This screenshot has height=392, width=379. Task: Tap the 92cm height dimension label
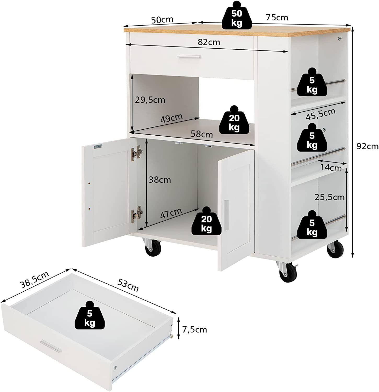pos(367,146)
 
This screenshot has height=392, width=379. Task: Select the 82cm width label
pos(209,42)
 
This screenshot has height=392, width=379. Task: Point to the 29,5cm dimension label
pos(150,100)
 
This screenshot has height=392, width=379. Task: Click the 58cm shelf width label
pos(202,134)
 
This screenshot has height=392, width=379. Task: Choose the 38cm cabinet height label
pos(160,180)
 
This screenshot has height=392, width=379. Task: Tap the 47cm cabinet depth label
pos(171,213)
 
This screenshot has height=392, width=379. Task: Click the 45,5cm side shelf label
pos(321,114)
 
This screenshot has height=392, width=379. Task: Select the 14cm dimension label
pos(331,168)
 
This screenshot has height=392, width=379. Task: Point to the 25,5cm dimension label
pos(329,197)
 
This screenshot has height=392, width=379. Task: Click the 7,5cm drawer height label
pos(195,330)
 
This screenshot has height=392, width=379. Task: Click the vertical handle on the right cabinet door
pos(226,216)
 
